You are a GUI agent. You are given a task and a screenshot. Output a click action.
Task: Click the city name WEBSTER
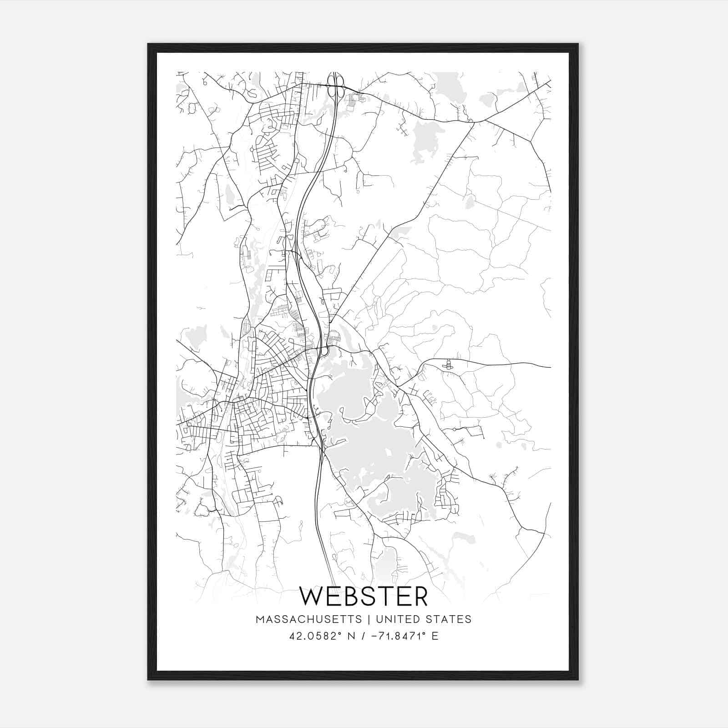click(364, 597)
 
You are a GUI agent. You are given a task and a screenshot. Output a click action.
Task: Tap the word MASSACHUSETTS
click(309, 619)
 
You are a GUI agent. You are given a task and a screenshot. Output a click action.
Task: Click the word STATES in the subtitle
click(450, 619)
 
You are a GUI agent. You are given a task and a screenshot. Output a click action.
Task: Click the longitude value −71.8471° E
click(405, 636)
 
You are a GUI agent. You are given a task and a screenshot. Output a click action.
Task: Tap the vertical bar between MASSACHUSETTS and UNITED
click(367, 619)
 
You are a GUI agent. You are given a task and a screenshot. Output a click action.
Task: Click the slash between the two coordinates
click(362, 636)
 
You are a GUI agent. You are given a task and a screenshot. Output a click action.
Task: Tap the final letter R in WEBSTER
click(420, 597)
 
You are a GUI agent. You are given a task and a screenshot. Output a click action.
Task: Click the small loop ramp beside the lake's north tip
click(325, 351)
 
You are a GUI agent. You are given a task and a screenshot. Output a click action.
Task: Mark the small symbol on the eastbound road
click(448, 364)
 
